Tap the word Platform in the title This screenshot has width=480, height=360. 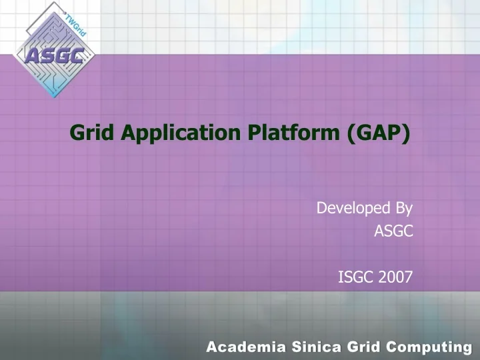click(x=293, y=133)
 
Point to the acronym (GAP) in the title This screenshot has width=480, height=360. click(x=378, y=133)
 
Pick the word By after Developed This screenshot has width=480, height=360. click(x=403, y=209)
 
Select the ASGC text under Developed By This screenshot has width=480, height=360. click(x=393, y=231)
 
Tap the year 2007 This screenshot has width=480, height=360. click(x=396, y=277)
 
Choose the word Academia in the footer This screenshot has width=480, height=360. click(x=243, y=347)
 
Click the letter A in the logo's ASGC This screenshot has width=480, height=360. click(x=31, y=56)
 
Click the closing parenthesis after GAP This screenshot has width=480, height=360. click(x=406, y=134)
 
